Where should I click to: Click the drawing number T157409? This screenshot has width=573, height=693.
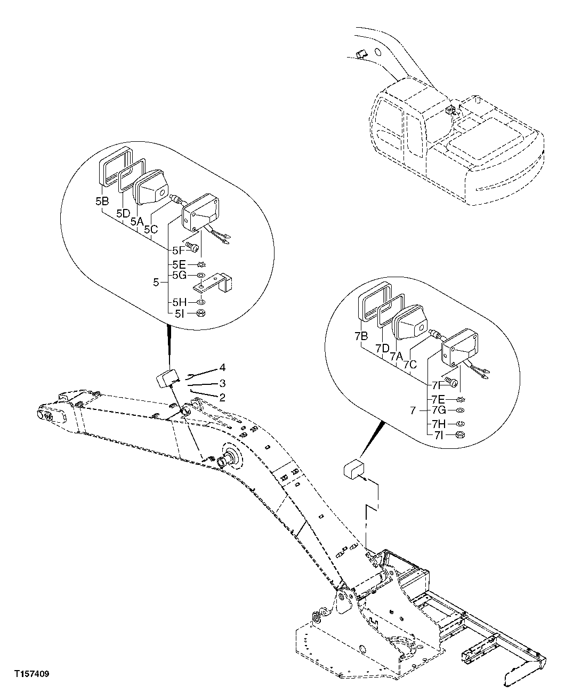32,674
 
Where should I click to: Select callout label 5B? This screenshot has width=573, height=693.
102,202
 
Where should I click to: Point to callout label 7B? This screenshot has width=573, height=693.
361,336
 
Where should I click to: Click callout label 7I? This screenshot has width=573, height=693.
438,436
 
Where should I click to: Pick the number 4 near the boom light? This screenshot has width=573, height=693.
222,368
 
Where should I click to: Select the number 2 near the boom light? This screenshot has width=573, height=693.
222,397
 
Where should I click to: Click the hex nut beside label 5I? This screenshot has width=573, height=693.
201,313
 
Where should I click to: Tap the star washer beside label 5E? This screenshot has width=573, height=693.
201,264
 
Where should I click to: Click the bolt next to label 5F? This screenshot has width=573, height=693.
193,247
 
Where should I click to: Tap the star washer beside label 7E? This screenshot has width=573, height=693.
461,399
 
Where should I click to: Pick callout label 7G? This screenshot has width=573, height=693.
438,410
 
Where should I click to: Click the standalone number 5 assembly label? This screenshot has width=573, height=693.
156,283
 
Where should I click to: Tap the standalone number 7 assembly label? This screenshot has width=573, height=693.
413,411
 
